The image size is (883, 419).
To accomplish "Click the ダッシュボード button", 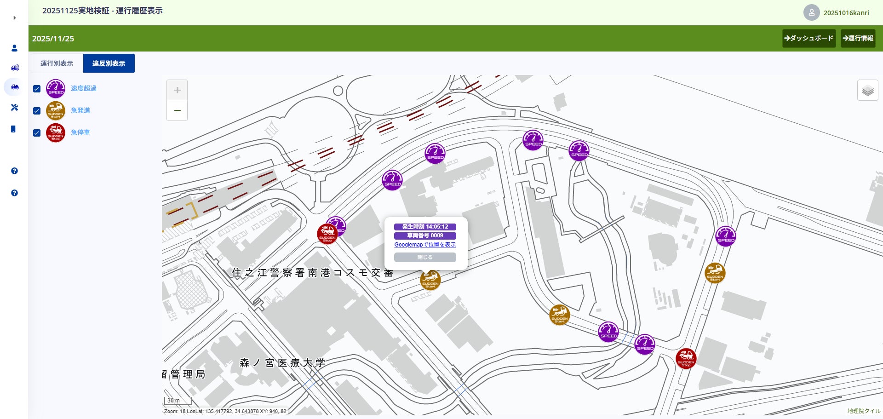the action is coord(808,38).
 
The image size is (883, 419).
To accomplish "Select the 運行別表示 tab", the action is coord(57,63).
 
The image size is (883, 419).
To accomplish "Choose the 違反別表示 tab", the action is coord(109,63).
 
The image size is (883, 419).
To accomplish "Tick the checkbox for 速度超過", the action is coord(37,89).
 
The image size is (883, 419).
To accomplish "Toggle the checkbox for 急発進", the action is coord(37,111).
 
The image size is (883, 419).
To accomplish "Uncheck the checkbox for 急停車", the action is coord(37,133).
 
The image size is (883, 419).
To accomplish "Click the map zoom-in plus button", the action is coord(177,90).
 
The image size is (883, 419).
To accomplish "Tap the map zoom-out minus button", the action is coord(177,110).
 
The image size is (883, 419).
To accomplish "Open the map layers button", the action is coord(867,90).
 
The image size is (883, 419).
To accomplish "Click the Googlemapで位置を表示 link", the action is coord(425,245).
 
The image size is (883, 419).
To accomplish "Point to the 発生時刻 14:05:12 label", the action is coord(425,227).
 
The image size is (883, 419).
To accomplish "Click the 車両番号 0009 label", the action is coord(425,235).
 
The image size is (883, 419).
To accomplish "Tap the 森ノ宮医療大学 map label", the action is coord(282,363).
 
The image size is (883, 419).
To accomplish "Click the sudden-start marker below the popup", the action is coord(430,280).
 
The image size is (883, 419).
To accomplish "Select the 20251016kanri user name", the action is coord(846,13).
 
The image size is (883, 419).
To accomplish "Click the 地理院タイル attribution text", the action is coord(863,411).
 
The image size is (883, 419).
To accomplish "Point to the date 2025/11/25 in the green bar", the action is coord(53,39).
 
